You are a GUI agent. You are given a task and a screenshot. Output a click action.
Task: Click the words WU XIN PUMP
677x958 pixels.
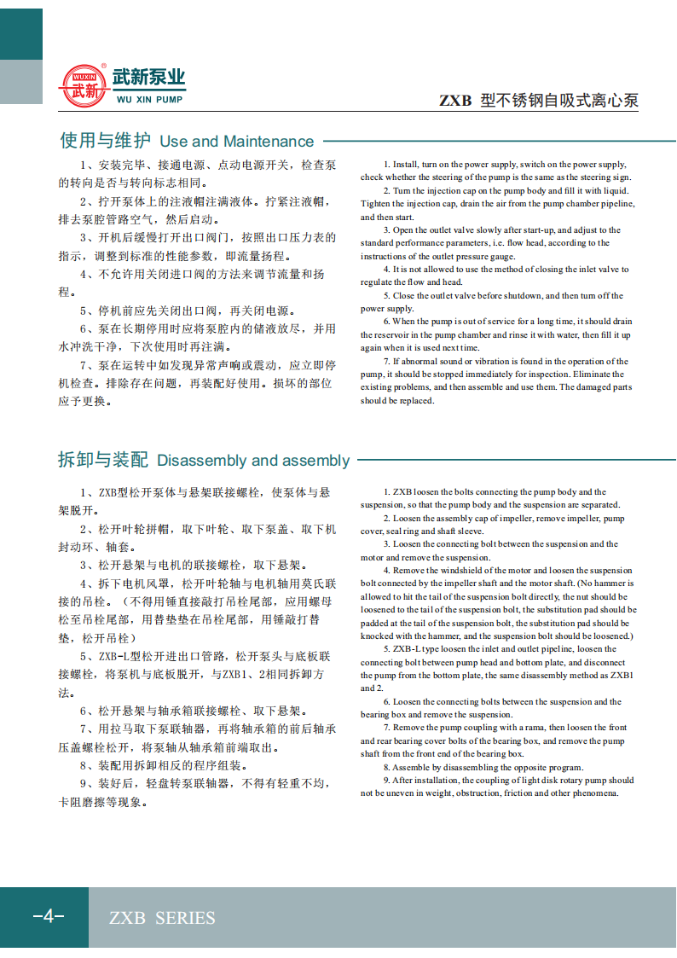coord(148,99)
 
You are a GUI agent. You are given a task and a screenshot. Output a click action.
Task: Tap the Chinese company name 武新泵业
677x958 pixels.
coord(148,78)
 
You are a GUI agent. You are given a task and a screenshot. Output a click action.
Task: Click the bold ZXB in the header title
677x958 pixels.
coord(455,102)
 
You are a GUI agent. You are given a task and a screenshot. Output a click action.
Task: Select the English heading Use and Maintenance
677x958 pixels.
coord(237,142)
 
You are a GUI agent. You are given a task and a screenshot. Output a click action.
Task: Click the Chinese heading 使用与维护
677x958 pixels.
coord(105,141)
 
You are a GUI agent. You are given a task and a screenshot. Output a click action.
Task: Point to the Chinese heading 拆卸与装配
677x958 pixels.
coord(103,461)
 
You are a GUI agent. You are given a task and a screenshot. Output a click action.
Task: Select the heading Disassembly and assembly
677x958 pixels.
coord(253,461)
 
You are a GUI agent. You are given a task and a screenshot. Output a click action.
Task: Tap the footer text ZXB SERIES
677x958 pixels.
coord(162,918)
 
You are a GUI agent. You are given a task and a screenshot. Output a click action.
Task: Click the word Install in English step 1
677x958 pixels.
coord(406,164)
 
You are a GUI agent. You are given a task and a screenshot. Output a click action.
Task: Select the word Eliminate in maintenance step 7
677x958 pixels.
coord(608,374)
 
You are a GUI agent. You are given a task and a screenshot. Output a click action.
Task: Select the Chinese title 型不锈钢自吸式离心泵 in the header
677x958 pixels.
coord(559,102)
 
